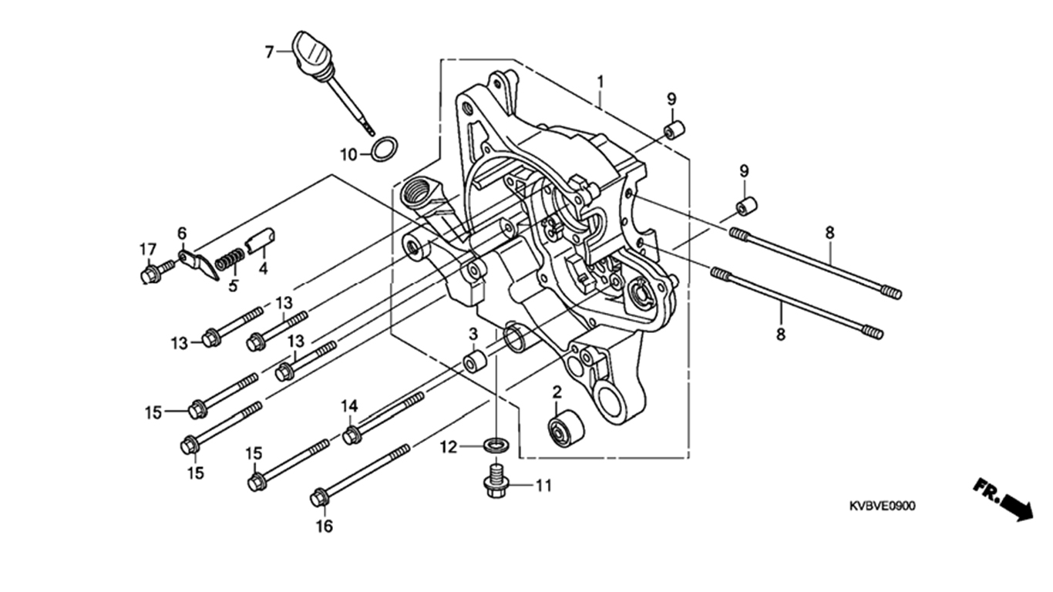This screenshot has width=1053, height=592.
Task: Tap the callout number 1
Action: click(x=601, y=82)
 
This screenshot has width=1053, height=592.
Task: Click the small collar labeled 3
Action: click(x=476, y=361)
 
